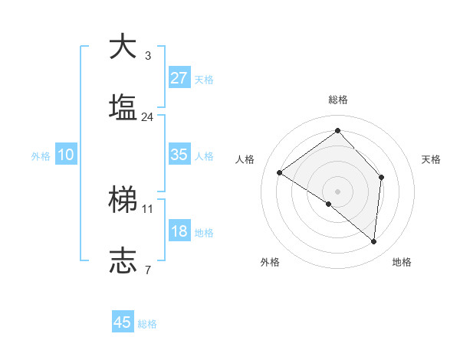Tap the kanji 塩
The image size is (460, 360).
(x=122, y=108)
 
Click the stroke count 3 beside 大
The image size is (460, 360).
(x=148, y=55)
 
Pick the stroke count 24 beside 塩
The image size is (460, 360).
(x=148, y=117)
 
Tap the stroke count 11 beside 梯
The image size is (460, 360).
(x=148, y=208)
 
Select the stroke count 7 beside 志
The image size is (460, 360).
(x=148, y=270)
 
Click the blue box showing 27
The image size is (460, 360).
(x=179, y=78)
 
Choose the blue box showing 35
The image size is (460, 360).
(x=179, y=155)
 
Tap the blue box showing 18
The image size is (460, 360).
(x=179, y=231)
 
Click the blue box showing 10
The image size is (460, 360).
(x=66, y=155)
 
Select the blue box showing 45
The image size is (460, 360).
(x=123, y=322)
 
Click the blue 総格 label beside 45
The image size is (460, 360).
(x=147, y=324)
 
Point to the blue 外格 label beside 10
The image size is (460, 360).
(x=41, y=155)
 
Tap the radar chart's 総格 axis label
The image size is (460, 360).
(x=338, y=100)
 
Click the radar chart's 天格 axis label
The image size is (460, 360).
(x=432, y=159)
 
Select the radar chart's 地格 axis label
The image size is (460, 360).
(x=402, y=262)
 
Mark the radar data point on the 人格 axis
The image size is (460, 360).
(x=280, y=173)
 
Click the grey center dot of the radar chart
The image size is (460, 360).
(x=337, y=191)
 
